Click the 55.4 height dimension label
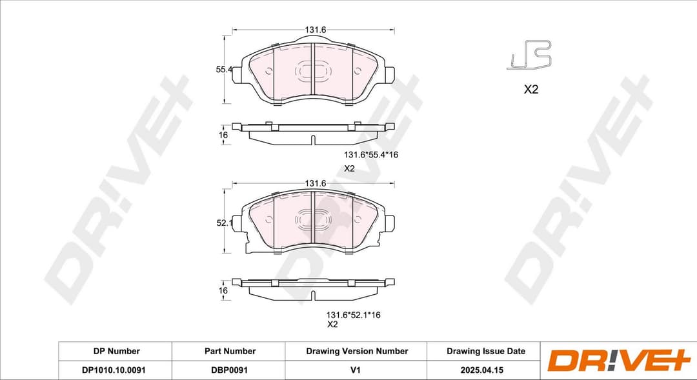[223, 69]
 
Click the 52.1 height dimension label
[223, 223]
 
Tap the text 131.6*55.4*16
[370, 155]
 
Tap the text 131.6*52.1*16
[353, 315]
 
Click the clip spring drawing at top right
[529, 55]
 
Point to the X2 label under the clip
[530, 90]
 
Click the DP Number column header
[116, 351]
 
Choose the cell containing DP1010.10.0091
[116, 370]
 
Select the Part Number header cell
[230, 351]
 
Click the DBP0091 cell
[230, 370]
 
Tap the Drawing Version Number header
[357, 351]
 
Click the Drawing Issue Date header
[485, 351]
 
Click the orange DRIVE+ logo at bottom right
[610, 361]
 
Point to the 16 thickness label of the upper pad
[223, 135]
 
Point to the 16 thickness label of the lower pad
[223, 291]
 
